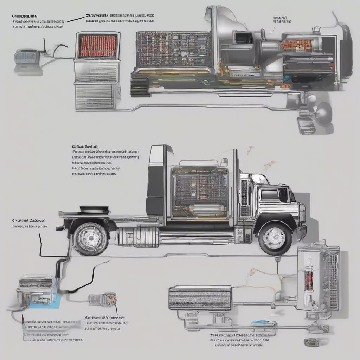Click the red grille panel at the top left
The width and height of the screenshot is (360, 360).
point(97,46)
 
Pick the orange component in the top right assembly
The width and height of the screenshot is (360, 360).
point(297,45)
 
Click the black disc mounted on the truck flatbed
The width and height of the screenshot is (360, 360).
point(93,209)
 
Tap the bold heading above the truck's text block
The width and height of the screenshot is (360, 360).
point(85,146)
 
